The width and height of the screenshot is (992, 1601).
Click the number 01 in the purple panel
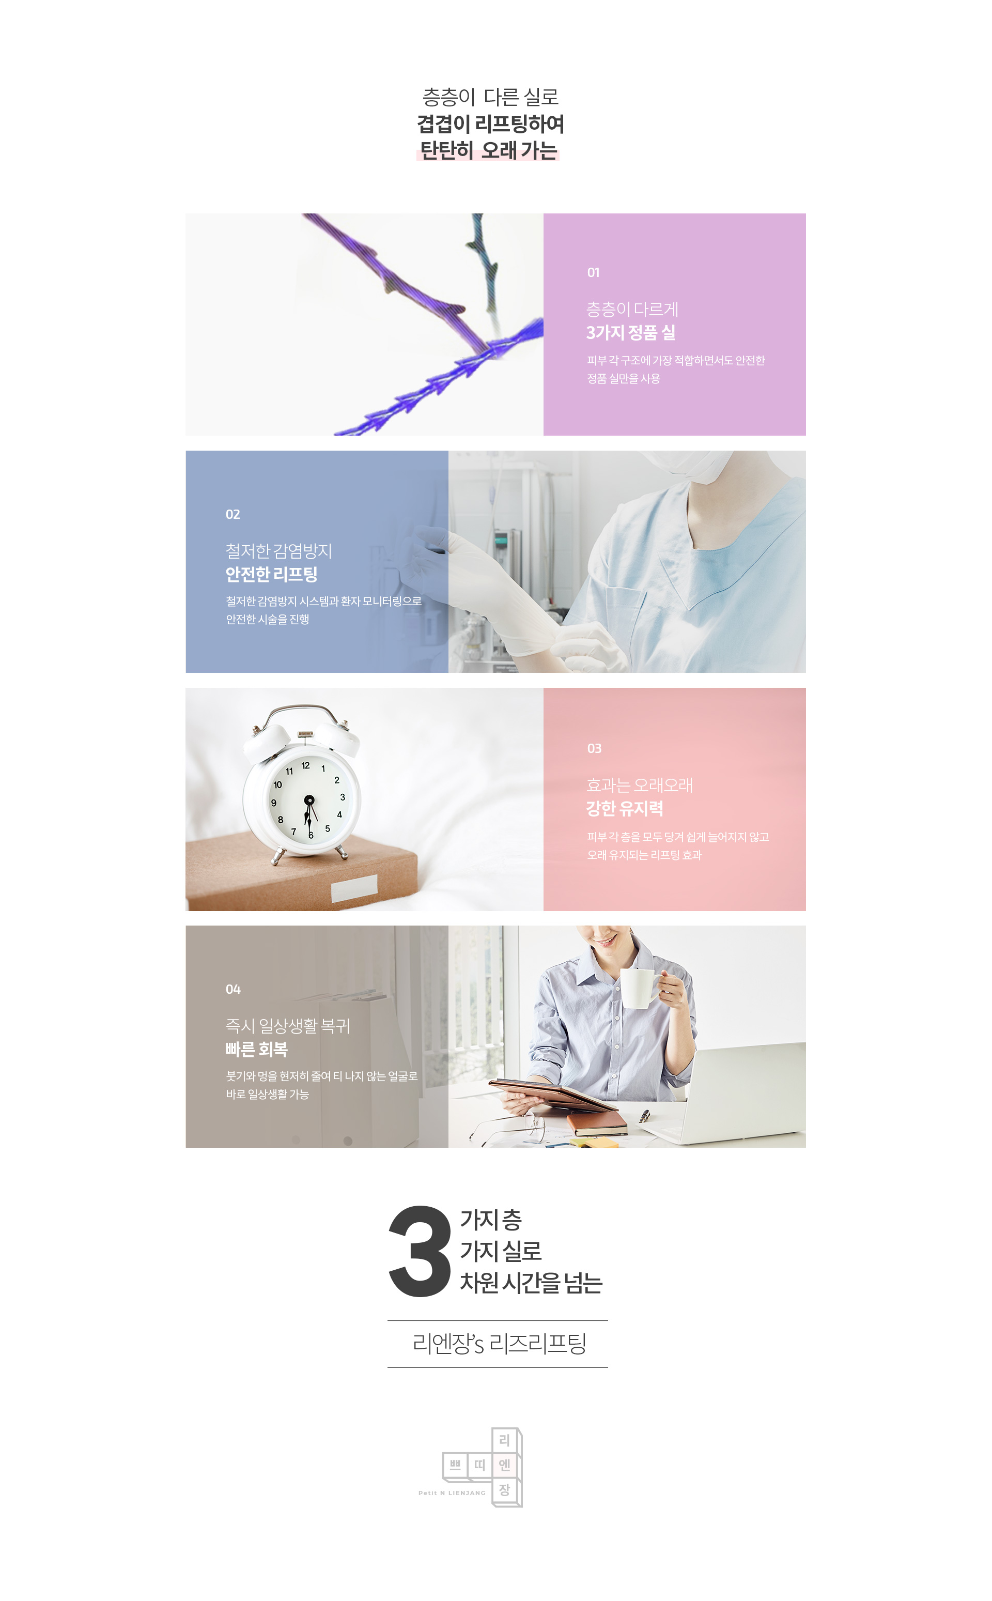click(593, 272)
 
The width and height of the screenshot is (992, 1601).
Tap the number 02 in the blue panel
click(233, 514)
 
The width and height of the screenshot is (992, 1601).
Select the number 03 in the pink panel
click(594, 749)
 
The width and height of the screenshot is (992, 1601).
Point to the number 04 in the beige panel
click(233, 990)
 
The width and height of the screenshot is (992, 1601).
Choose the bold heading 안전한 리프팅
click(272, 574)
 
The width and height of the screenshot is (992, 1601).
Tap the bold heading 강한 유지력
click(625, 808)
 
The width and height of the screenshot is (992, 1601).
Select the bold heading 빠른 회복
click(257, 1049)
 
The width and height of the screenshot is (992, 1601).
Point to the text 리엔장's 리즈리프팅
click(499, 1343)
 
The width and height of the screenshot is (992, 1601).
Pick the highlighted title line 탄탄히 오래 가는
click(488, 150)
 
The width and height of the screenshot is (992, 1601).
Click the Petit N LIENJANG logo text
click(452, 1493)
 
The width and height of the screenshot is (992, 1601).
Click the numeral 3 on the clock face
click(343, 797)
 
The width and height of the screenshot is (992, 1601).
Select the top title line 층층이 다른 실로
click(491, 97)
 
